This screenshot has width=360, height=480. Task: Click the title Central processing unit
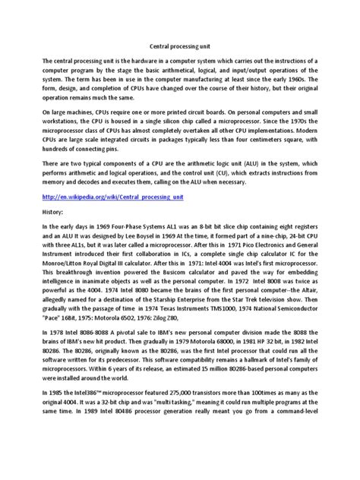[x=179, y=45]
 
